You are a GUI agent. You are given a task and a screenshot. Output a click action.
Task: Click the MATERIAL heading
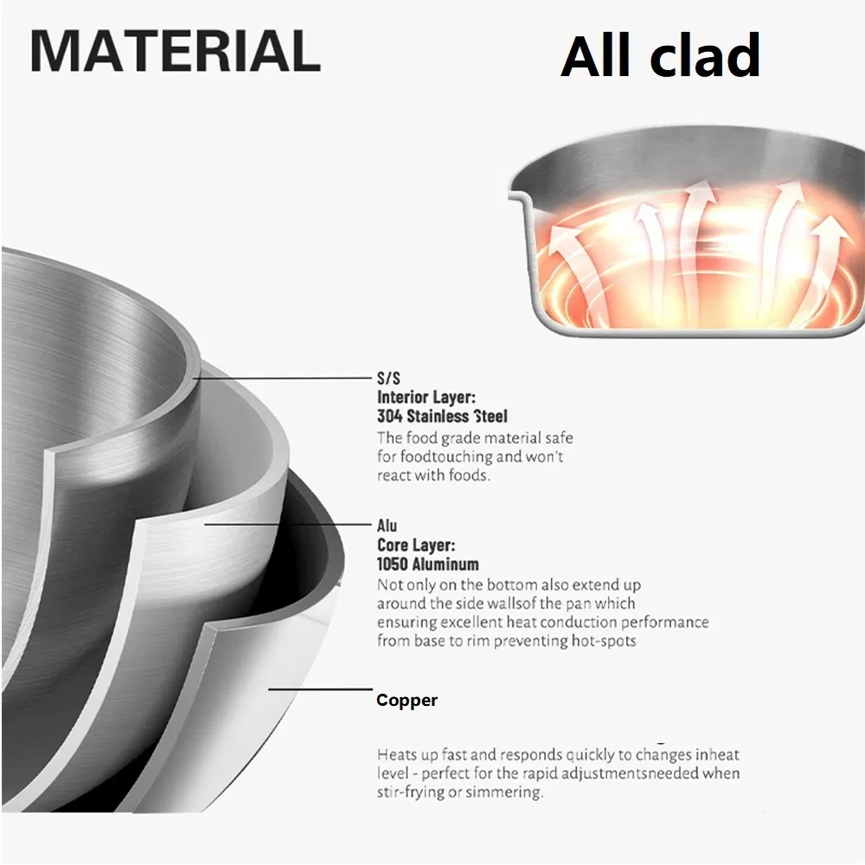pos(176,51)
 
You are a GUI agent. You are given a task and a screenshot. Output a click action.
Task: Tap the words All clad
pos(660,55)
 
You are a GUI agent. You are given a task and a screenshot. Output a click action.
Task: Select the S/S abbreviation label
pos(388,379)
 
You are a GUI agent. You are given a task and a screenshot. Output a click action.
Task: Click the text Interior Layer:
pos(426,397)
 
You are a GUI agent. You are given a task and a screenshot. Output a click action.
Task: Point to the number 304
pos(390,416)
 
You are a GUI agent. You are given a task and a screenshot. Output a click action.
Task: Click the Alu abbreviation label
pos(387,526)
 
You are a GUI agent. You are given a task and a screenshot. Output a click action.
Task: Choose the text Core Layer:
pos(416,545)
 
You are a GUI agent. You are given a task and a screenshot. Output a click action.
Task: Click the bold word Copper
pos(407,700)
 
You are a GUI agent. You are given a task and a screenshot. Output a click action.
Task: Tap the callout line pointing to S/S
pos(284,379)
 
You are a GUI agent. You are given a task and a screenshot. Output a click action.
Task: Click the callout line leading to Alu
pos(289,524)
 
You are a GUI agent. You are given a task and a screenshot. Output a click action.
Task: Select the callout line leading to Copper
pos(321,689)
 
